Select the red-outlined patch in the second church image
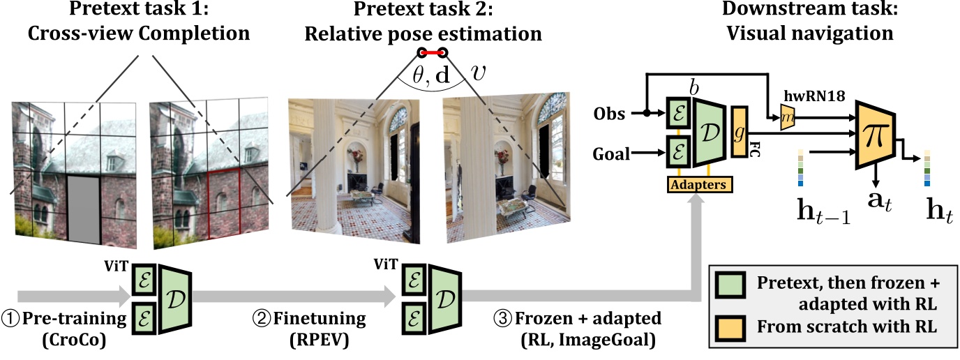click(x=223, y=209)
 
